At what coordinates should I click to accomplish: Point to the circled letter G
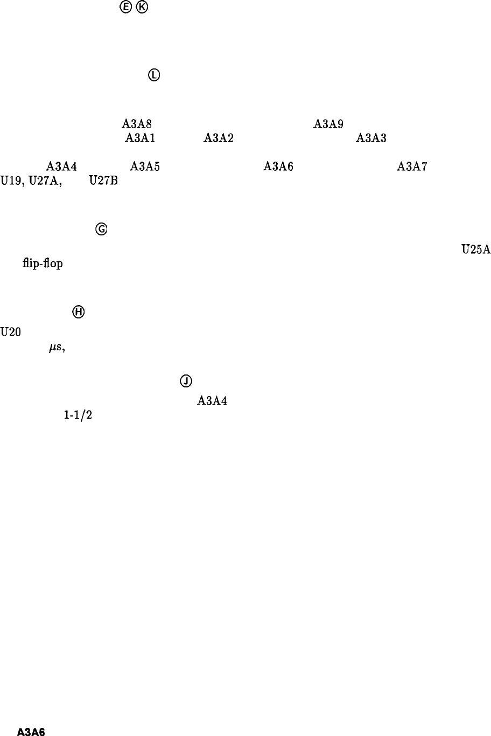pos(101,230)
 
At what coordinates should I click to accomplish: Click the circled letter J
pos(185,381)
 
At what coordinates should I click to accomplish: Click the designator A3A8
pos(132,125)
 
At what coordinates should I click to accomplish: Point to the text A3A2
pos(218,138)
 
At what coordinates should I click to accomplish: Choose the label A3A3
pos(371,138)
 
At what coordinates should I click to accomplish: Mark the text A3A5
pos(145,167)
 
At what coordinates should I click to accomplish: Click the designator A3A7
pos(412,167)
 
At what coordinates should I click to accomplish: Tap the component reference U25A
pos(475,250)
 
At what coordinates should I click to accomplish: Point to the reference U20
pos(11,332)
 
